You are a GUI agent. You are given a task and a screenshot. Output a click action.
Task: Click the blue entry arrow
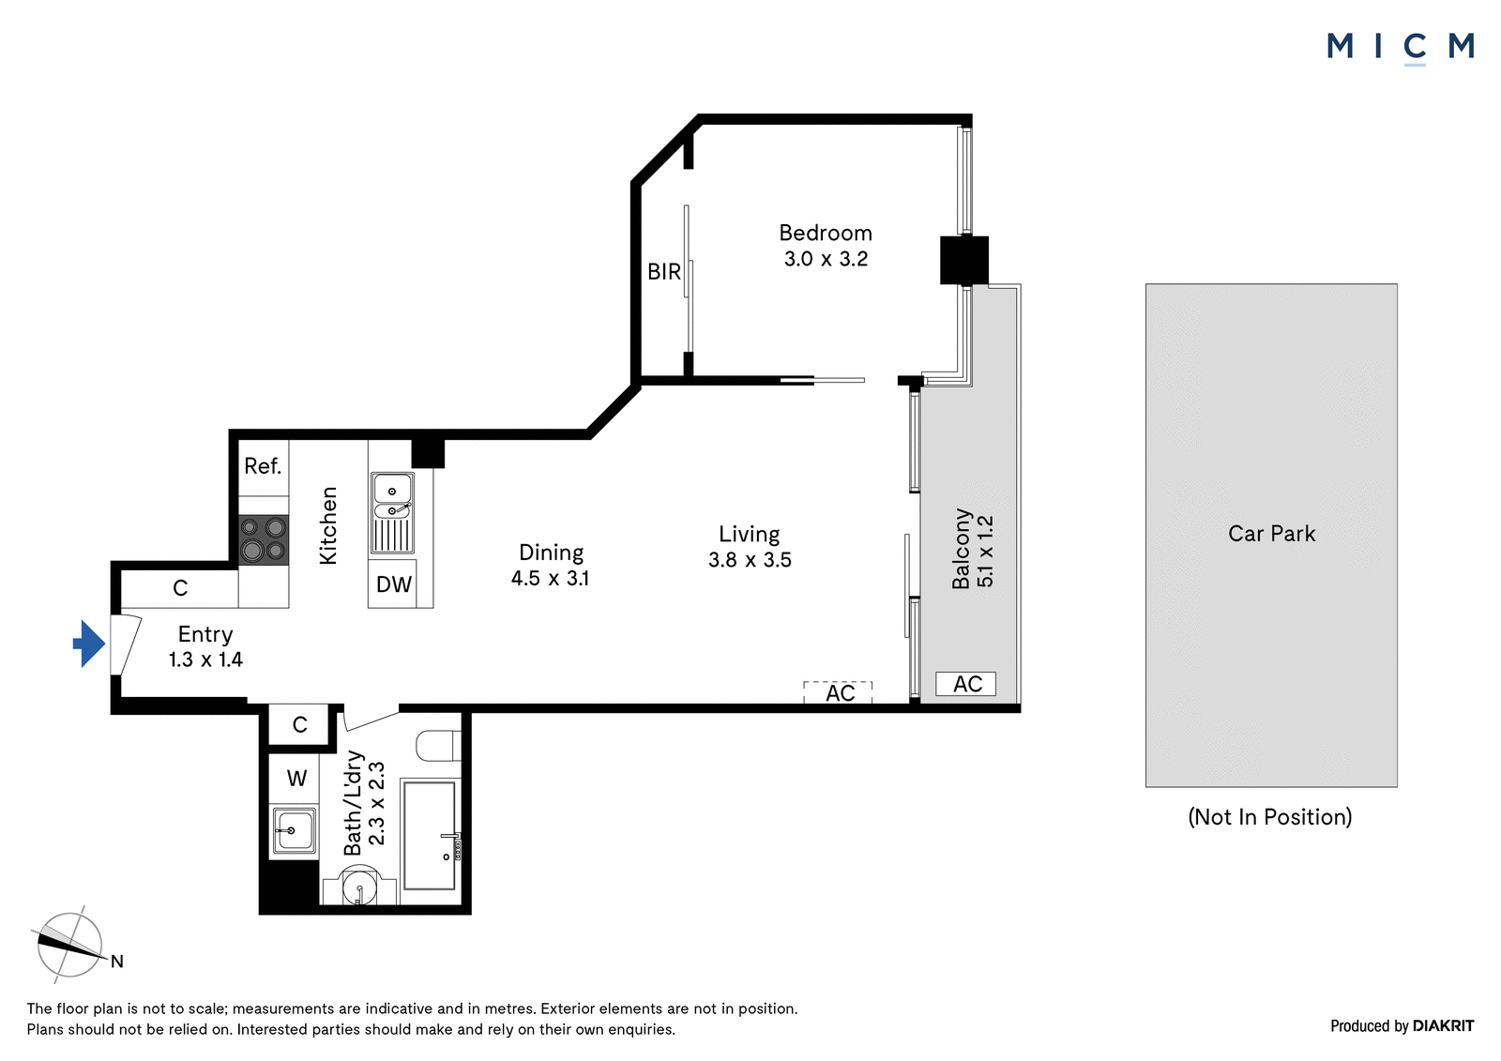point(89,644)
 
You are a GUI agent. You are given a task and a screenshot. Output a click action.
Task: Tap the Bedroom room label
point(826,234)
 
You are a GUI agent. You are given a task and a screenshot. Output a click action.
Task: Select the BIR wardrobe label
point(664,271)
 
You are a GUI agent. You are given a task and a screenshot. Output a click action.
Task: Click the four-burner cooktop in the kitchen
point(264,539)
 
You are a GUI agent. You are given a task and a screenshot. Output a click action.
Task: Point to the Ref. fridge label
point(263,466)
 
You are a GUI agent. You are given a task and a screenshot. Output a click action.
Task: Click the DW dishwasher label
point(393,584)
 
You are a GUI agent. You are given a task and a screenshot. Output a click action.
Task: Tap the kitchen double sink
point(392,513)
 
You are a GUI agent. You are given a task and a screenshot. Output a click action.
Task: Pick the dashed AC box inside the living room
point(839,692)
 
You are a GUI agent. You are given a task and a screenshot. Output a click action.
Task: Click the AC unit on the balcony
point(965,684)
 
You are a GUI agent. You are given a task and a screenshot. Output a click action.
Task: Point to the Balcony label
point(962,549)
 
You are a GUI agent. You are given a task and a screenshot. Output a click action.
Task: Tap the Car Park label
point(1272,534)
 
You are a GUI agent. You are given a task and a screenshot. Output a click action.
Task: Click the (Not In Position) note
point(1270,817)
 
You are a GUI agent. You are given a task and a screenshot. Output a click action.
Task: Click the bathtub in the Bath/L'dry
point(431,835)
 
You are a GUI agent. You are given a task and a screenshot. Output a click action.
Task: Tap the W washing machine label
point(296,779)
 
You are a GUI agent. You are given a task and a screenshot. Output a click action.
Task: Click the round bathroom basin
point(360,887)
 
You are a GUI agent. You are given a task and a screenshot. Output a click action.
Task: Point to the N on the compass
point(117,962)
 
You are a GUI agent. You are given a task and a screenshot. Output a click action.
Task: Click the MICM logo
point(1401,47)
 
